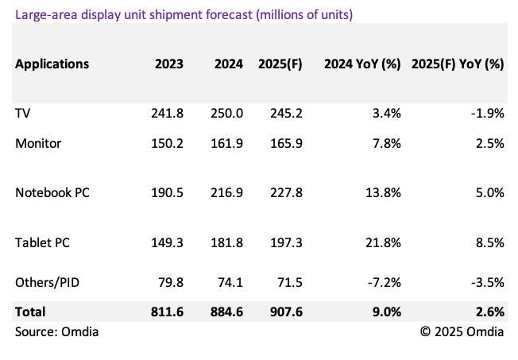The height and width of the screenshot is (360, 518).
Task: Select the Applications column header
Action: point(52,64)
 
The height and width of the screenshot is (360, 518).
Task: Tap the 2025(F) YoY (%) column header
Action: point(458,64)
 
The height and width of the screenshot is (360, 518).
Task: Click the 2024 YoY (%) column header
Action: point(362,64)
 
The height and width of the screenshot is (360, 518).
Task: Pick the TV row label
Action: point(23,113)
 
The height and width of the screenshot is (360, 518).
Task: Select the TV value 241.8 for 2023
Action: point(167,113)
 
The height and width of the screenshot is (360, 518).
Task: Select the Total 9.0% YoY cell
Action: point(386,312)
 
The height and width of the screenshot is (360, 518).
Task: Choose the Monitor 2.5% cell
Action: point(489,143)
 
